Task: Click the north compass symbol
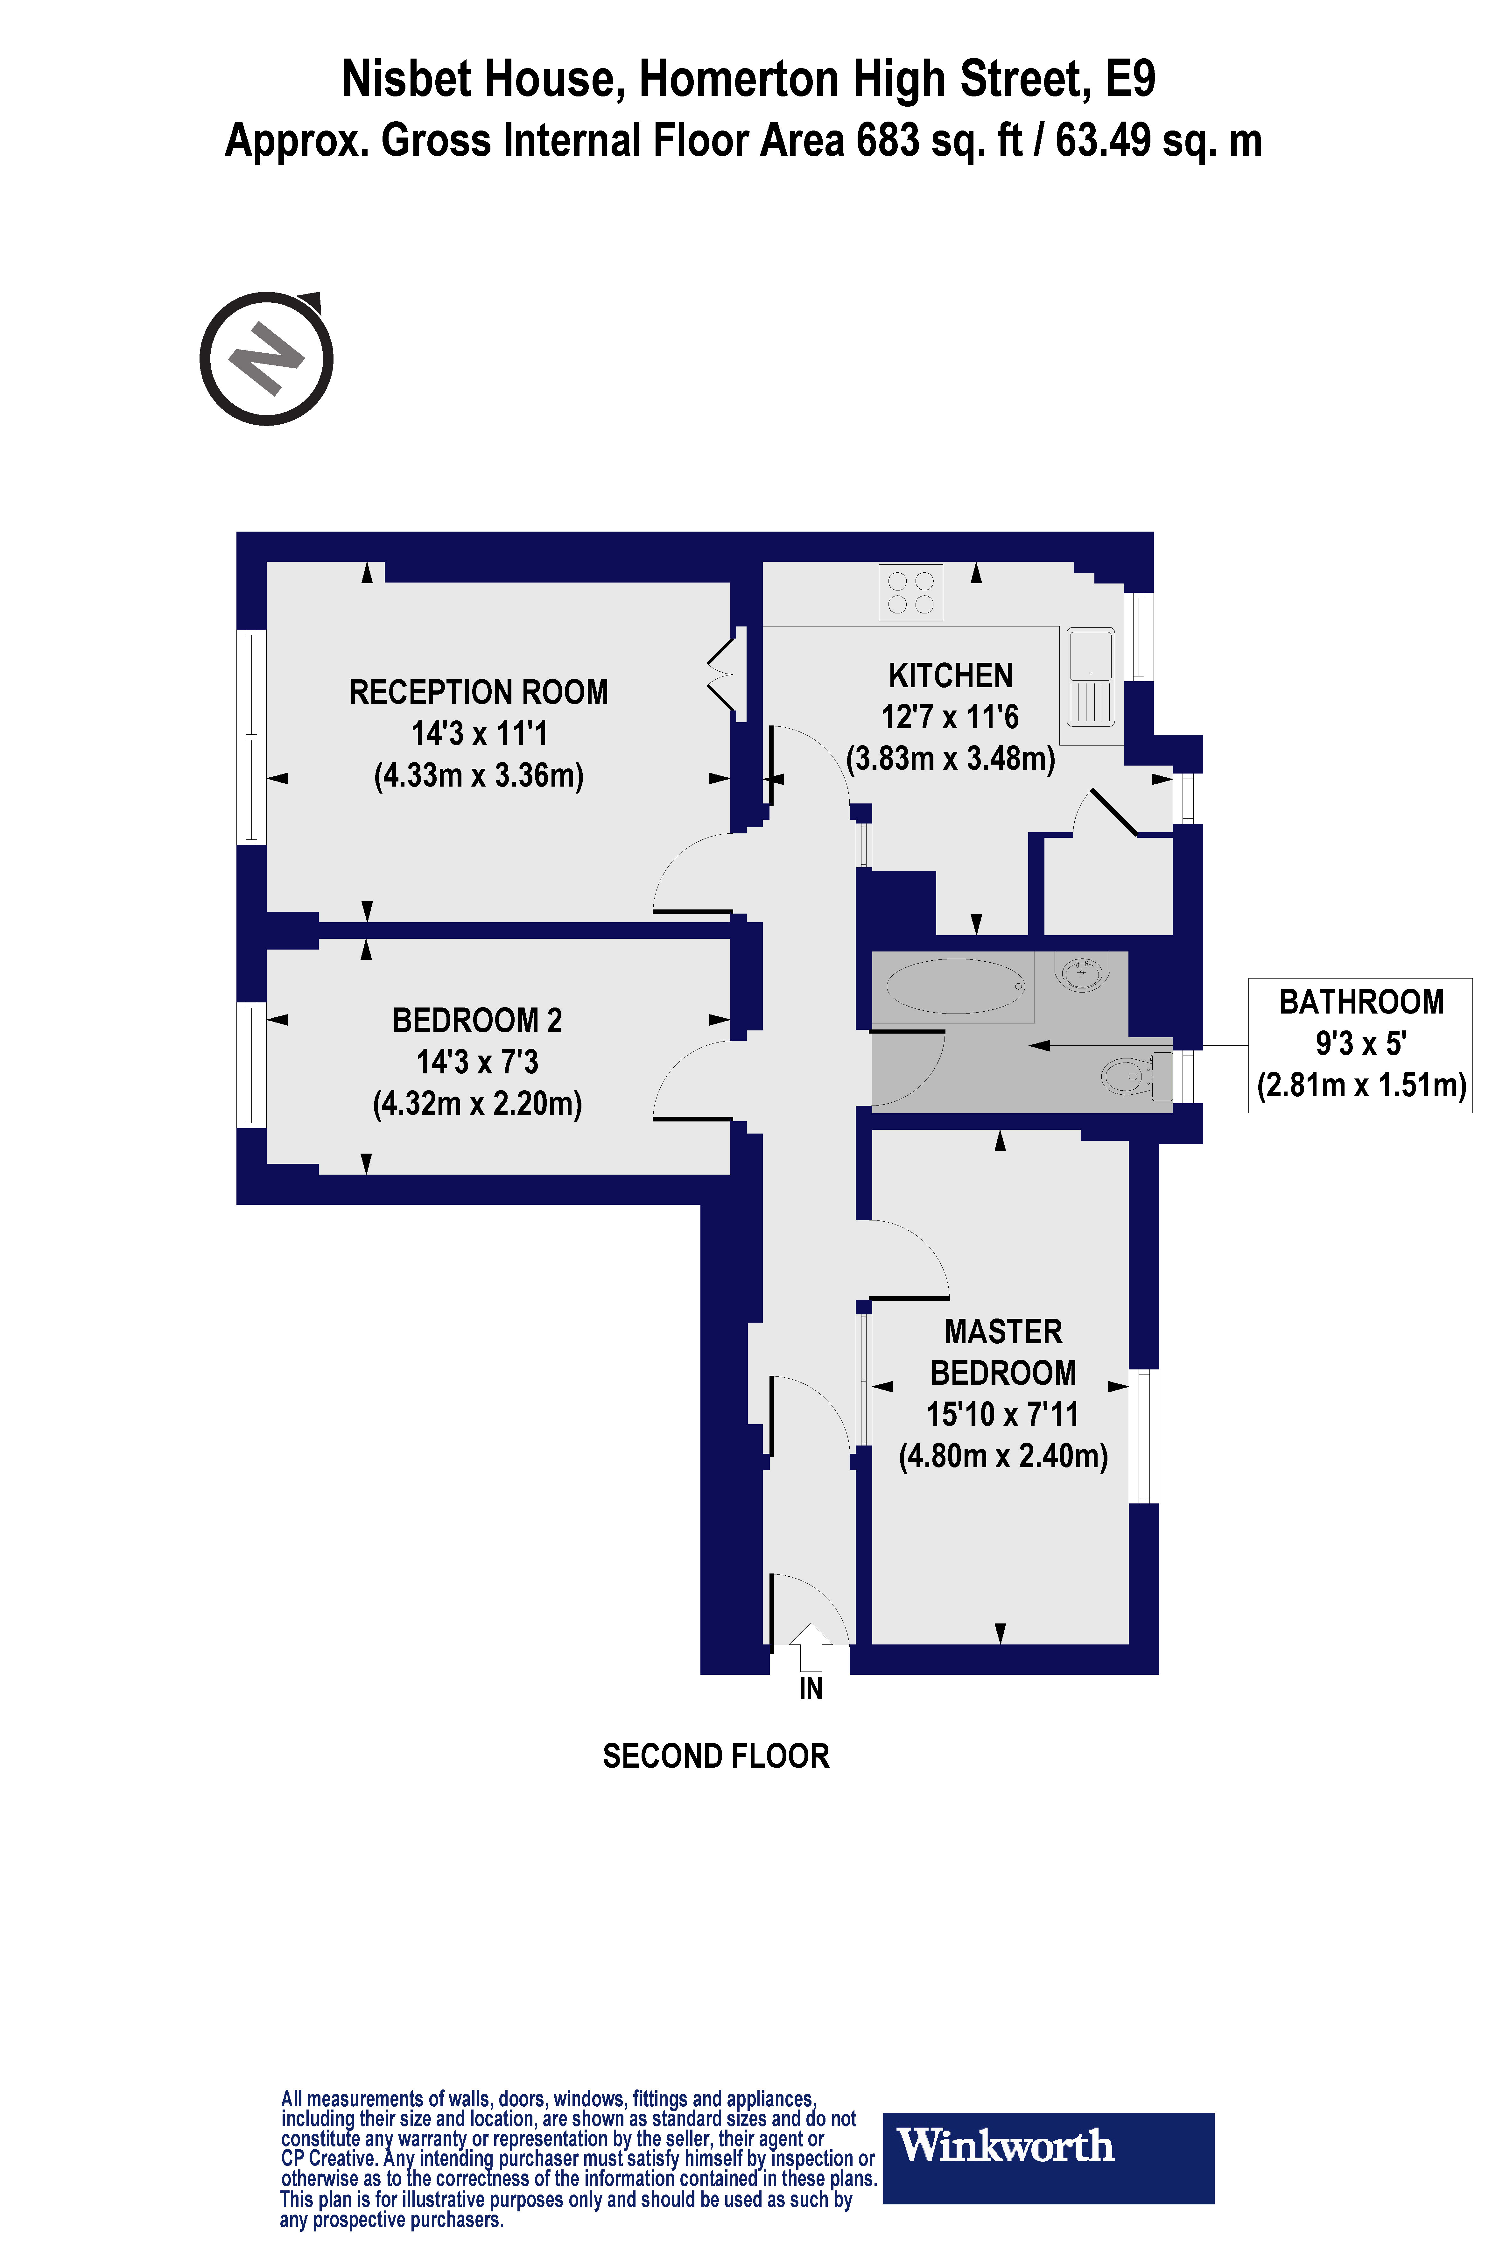pyautogui.click(x=266, y=358)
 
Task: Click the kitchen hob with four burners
pyautogui.click(x=911, y=592)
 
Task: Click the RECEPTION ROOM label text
pyautogui.click(x=478, y=692)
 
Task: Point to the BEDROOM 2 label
pyautogui.click(x=477, y=1020)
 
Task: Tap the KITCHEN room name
pyautogui.click(x=950, y=676)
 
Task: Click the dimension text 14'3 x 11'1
pyautogui.click(x=478, y=733)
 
